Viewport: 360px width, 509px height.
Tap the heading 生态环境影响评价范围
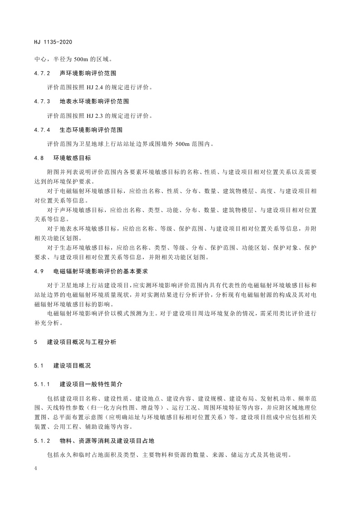(x=91, y=130)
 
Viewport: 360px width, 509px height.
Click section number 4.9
(x=39, y=271)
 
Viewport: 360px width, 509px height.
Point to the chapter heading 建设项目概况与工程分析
(x=82, y=342)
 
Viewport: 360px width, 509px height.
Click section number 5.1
(x=39, y=364)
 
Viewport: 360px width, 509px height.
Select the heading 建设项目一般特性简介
(x=91, y=384)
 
